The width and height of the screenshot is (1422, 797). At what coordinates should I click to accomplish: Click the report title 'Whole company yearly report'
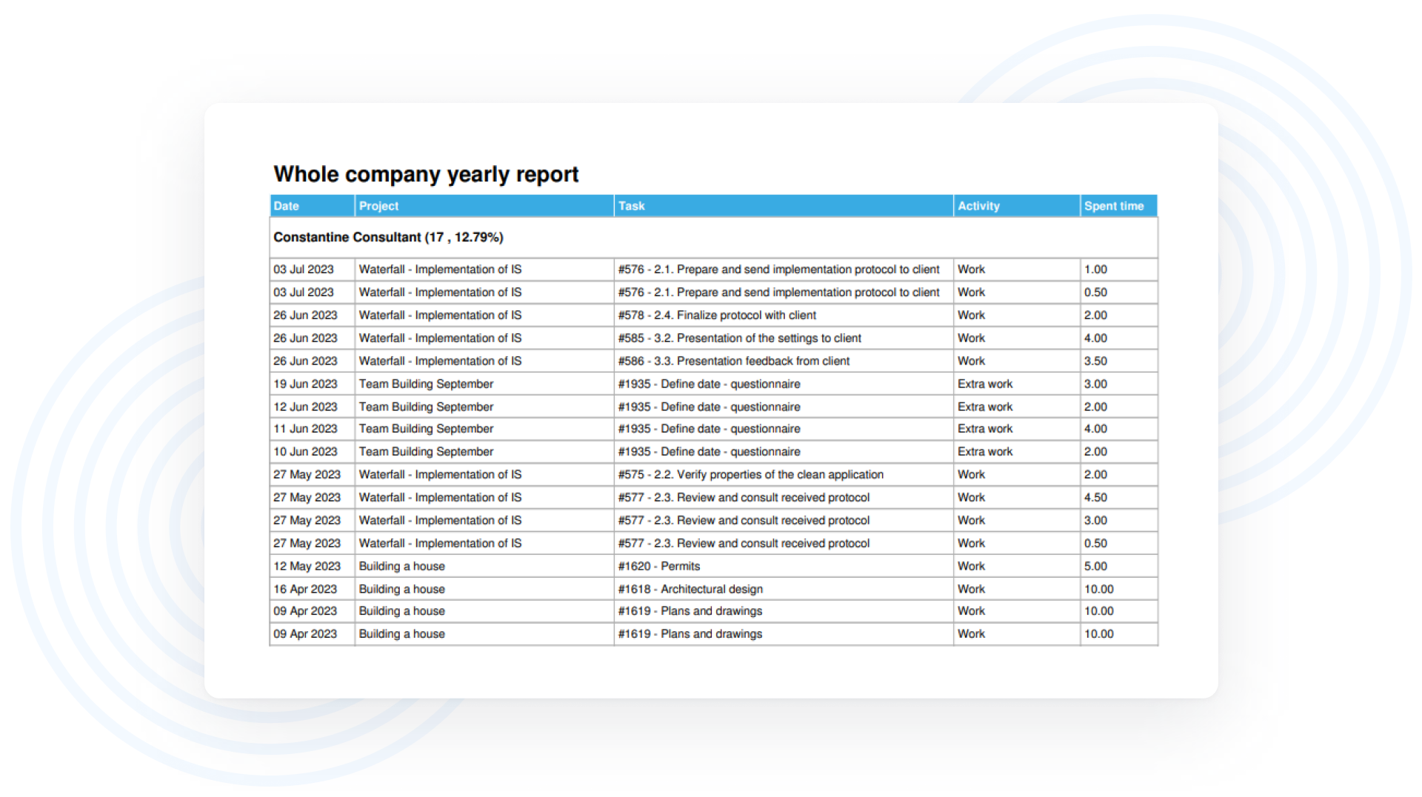point(426,174)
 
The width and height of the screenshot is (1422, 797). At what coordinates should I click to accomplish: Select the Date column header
point(287,206)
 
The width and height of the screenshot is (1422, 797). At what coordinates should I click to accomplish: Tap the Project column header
point(378,206)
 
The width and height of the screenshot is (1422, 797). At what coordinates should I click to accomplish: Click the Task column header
point(632,206)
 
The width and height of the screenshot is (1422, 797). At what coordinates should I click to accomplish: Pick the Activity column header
point(978,206)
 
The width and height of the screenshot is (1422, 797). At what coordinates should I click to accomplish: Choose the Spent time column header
point(1114,206)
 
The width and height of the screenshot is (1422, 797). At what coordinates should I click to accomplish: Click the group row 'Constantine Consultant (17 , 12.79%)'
point(388,237)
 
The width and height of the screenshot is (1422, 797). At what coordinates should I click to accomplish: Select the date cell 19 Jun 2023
point(305,384)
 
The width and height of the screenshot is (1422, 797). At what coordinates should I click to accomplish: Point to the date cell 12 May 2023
point(307,566)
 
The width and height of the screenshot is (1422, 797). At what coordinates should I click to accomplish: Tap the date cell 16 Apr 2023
point(305,589)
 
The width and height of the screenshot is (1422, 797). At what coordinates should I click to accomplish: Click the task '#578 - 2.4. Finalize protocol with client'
point(717,315)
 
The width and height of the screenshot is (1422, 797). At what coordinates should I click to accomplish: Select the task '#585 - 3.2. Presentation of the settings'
point(739,338)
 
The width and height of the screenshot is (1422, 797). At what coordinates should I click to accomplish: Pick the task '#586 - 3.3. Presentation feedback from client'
point(734,361)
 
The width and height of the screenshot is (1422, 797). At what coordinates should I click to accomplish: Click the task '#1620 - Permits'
point(659,566)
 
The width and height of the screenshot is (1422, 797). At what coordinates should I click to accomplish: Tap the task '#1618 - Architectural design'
point(690,589)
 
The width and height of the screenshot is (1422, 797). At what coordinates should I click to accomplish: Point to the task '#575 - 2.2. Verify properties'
point(750,474)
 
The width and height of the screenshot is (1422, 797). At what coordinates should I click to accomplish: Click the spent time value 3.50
point(1095,361)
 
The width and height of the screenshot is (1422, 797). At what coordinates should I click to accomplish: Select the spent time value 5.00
point(1095,566)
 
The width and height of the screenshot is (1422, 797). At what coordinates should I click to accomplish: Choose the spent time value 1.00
point(1095,269)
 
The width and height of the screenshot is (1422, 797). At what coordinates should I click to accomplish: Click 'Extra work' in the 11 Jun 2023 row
point(985,428)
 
